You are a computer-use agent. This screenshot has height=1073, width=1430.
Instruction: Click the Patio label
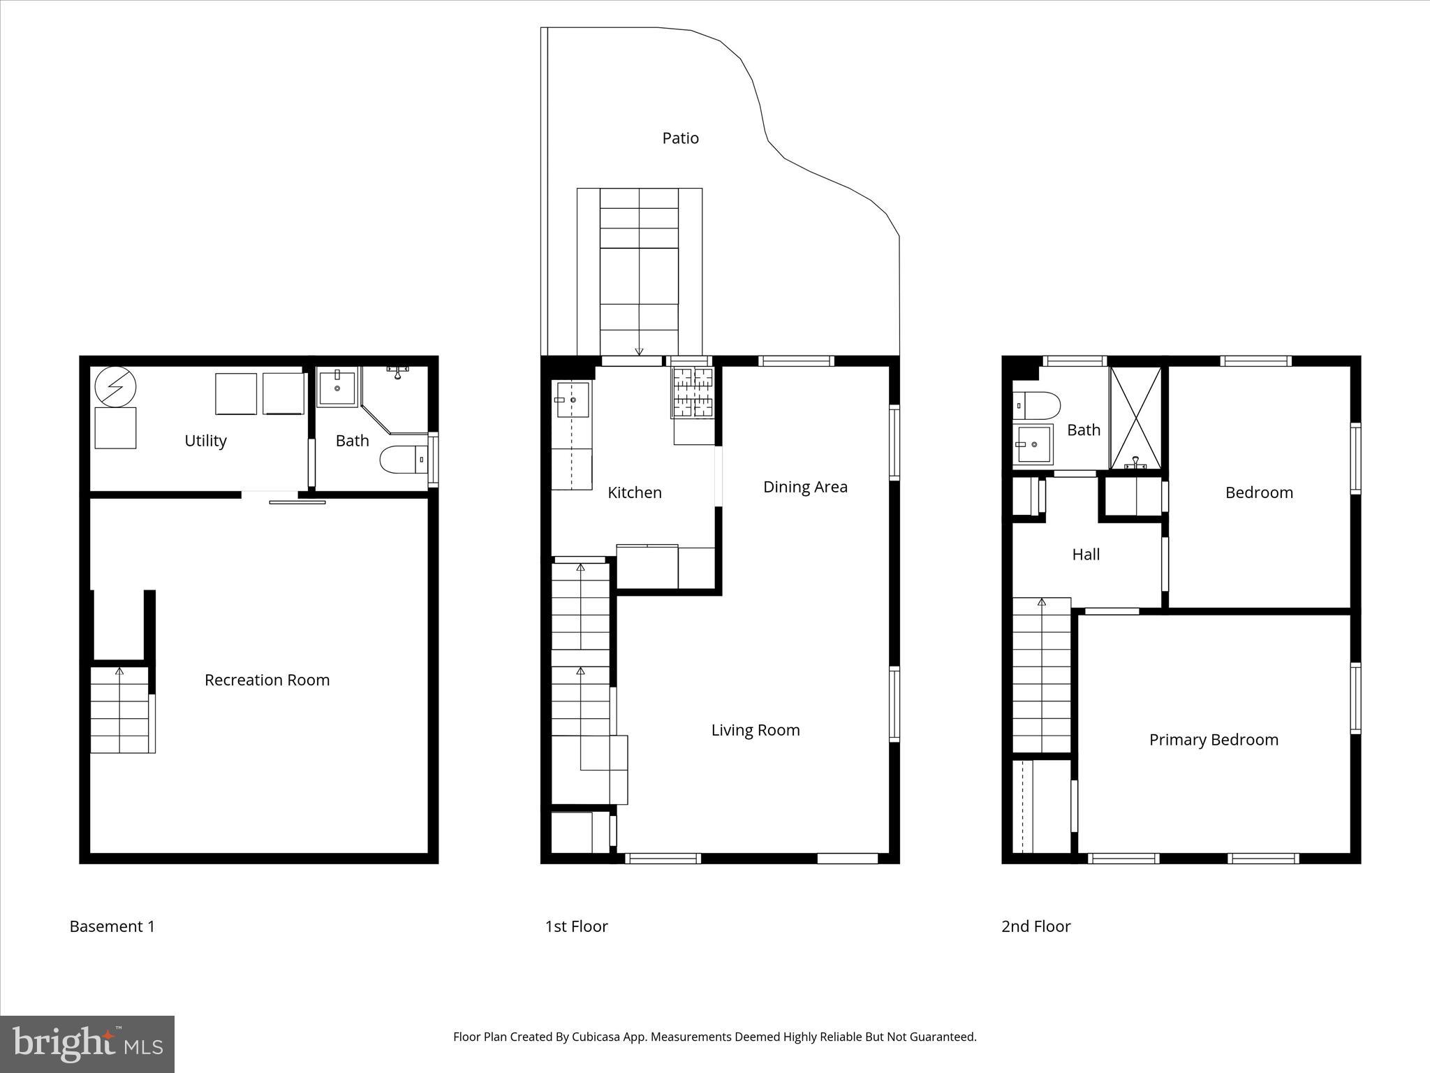tap(680, 138)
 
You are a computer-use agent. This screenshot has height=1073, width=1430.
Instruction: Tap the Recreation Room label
tap(267, 680)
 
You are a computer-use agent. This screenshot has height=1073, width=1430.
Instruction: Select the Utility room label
tap(205, 441)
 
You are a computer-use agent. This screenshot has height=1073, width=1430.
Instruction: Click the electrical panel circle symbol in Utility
tap(116, 386)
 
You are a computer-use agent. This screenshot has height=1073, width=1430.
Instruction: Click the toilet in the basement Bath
tap(402, 460)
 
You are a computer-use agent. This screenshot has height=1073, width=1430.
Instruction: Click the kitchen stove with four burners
tap(691, 393)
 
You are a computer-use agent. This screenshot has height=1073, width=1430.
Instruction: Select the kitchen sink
tap(572, 400)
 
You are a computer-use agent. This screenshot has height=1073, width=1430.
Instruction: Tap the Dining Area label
tap(805, 487)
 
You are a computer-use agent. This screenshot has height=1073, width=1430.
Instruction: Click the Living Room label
tap(755, 730)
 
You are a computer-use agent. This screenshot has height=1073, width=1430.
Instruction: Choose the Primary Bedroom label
tap(1214, 740)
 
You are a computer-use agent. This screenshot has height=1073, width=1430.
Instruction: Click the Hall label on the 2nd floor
tap(1086, 555)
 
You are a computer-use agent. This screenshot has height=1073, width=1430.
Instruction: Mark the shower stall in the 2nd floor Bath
tap(1135, 418)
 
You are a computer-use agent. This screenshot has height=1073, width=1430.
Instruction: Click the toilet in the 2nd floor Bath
tap(1037, 405)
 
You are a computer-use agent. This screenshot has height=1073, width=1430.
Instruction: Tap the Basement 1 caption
tap(112, 926)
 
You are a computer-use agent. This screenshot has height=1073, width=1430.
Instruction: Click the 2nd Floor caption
tap(1035, 926)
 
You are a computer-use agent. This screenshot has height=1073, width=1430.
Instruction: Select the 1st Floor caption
tap(576, 926)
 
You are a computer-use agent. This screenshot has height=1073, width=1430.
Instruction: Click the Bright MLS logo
tap(87, 1044)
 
